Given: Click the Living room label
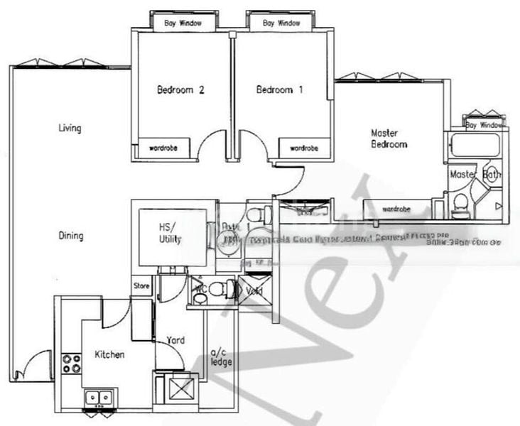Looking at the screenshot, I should coord(70,129).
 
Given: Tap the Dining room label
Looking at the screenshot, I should coord(70,236).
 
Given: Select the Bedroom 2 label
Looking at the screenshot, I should coord(180,90).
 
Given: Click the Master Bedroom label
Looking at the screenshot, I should coord(389,138).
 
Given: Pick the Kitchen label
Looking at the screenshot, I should coord(109,354).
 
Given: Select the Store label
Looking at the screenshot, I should coord(141,287).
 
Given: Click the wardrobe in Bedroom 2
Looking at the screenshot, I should coord(162,148).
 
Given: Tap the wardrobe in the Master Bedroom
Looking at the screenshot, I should coord(395,209).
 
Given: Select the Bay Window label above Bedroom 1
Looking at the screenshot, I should coord(281,23).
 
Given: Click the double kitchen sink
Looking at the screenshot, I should coord(99,398).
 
